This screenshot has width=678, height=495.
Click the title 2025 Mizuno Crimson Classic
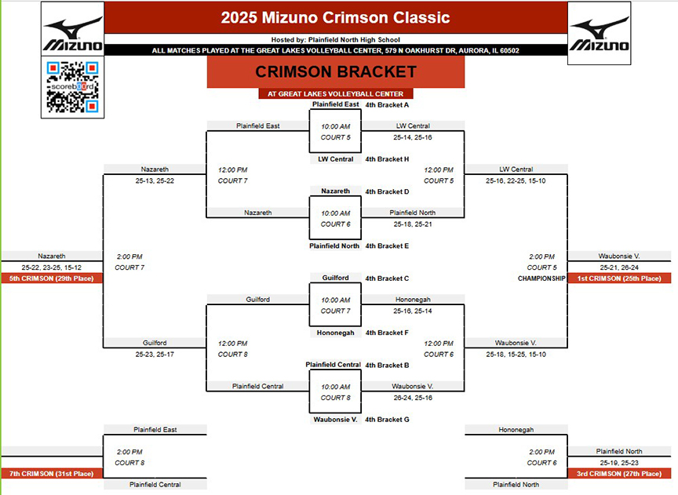coord(336,17)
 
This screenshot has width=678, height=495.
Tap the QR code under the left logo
coord(73,87)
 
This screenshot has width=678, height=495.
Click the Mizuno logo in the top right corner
coord(599,33)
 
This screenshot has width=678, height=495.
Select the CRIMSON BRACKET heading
coord(336,71)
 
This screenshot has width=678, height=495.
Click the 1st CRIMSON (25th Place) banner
coord(619,278)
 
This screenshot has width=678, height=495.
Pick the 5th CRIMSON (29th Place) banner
coord(52,278)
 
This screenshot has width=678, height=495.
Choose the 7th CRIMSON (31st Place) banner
coord(52,473)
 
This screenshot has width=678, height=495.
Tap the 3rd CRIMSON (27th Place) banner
coord(619,473)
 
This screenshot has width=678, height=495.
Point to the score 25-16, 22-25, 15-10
coord(516,180)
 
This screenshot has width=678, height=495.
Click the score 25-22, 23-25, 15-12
coord(52,268)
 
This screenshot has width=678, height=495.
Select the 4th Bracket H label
coord(387,159)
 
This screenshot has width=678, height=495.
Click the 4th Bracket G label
coord(387,420)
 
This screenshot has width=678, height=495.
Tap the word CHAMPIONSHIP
coord(541,278)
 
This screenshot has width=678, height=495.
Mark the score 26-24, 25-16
coord(413,398)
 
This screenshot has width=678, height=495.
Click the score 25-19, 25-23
coord(619,463)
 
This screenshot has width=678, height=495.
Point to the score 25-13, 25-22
coord(155,180)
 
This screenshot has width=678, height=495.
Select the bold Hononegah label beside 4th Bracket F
coord(335,333)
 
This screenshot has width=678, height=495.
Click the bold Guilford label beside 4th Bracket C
coord(335,278)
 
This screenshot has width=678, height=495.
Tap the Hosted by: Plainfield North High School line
coord(336,40)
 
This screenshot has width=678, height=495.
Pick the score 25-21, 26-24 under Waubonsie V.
coord(619,268)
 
